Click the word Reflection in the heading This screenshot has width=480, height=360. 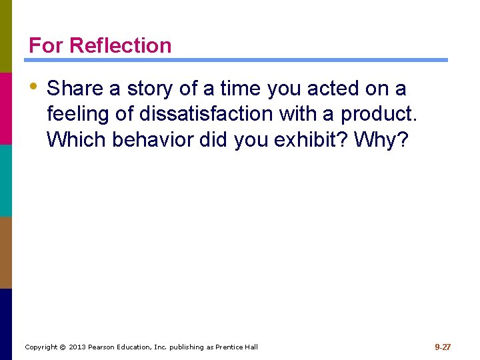[x=120, y=45]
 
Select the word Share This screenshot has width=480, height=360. [x=75, y=89]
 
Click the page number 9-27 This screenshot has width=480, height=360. [x=443, y=347]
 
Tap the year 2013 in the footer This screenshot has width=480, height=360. [x=78, y=347]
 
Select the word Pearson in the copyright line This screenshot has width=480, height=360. [x=105, y=347]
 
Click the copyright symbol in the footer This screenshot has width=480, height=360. [x=62, y=347]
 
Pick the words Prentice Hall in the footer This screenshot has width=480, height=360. [x=236, y=347]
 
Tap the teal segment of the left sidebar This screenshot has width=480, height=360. [x=5, y=180]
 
